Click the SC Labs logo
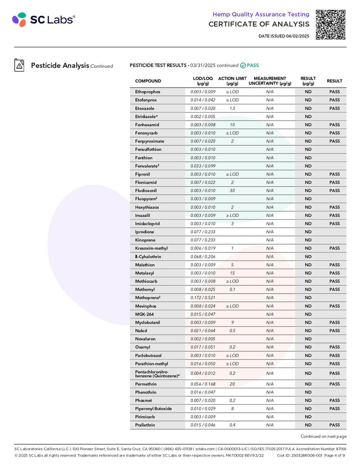pos(44,19)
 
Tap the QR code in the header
pos(331,24)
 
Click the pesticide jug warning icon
pos(19,65)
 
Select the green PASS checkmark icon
pos(243,65)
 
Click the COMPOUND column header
pos(148,81)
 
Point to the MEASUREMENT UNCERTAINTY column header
pos(270,81)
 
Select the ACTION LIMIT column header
pos(232,81)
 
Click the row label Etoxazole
pos(144,109)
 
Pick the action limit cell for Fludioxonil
pos(232,191)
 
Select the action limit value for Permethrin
pos(232,384)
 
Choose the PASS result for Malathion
pos(334,265)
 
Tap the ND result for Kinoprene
pos(308,240)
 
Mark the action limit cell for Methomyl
pos(232,290)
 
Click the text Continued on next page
pos(323,436)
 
